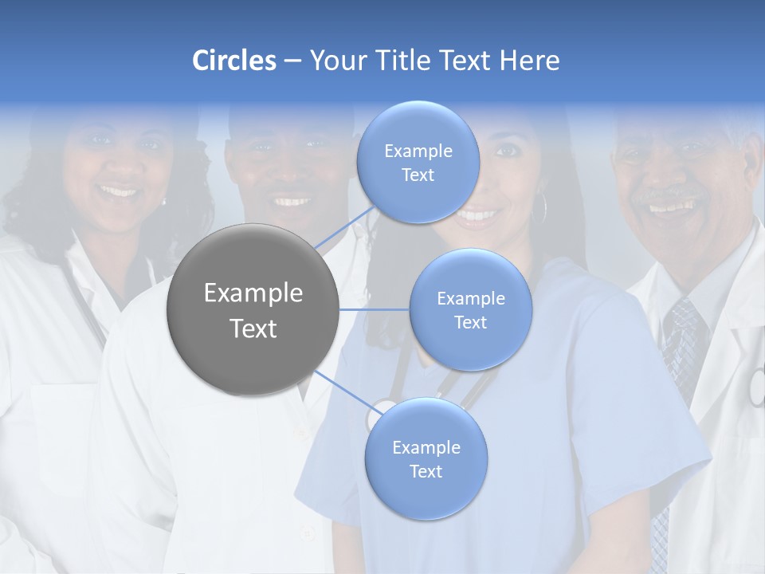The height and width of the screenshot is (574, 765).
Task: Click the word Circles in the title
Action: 233,61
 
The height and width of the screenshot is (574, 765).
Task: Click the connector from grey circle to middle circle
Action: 374,309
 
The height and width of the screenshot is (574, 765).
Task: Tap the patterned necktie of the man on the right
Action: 681,343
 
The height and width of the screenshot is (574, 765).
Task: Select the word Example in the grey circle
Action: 253,293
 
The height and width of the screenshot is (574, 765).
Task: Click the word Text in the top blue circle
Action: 418,175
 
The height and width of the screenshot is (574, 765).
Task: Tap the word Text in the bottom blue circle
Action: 426,471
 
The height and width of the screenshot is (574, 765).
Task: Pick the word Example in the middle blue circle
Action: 470,299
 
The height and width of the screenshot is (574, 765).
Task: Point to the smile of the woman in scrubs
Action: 478,214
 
